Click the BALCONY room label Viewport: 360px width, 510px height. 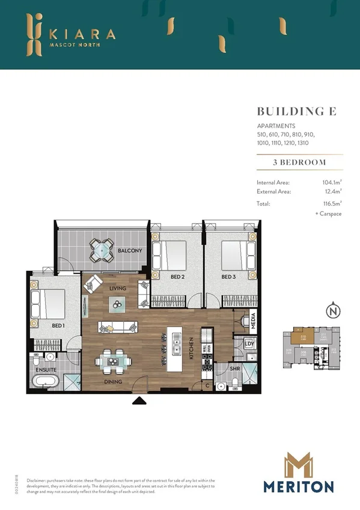tap(129, 250)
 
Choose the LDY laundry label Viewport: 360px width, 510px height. tap(248, 344)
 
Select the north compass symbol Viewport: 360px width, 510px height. tap(332, 312)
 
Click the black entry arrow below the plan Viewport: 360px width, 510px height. tap(139, 401)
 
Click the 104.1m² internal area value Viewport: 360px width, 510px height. tap(332, 182)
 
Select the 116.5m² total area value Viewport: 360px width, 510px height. tap(332, 204)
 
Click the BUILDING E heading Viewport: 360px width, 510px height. tap(296, 111)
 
